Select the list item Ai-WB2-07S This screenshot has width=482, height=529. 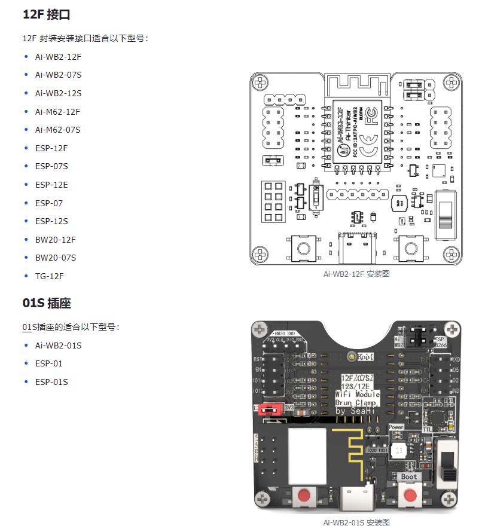pyautogui.click(x=58, y=75)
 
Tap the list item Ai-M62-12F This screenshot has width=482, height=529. pyautogui.click(x=57, y=112)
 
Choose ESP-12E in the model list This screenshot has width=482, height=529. pyautogui.click(x=51, y=185)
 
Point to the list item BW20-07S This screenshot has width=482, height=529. pyautogui.click(x=55, y=258)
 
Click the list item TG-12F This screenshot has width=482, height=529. pyautogui.click(x=49, y=276)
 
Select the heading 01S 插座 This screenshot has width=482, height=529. pyautogui.click(x=47, y=303)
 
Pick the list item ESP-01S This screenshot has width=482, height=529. pyautogui.click(x=51, y=382)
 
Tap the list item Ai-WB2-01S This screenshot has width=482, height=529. pyautogui.click(x=58, y=345)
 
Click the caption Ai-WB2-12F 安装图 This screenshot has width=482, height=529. pyautogui.click(x=356, y=274)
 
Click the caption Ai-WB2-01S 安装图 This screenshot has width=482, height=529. pyautogui.click(x=356, y=522)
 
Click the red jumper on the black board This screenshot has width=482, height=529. pyautogui.click(x=272, y=409)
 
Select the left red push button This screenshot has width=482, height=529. pyautogui.click(x=306, y=496)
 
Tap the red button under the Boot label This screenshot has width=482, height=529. pyautogui.click(x=410, y=495)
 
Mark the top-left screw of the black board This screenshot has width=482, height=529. pyautogui.click(x=260, y=329)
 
